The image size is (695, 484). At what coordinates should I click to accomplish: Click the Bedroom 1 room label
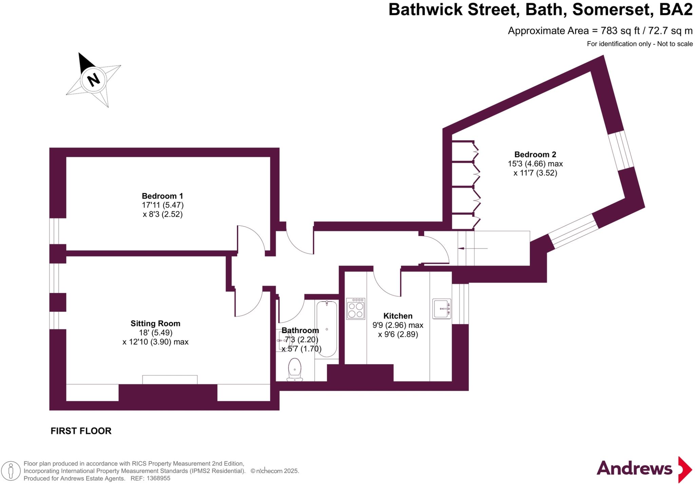tap(162, 196)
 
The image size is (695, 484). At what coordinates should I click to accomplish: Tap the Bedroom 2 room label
tap(535, 155)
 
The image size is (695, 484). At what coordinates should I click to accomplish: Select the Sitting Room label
tap(155, 324)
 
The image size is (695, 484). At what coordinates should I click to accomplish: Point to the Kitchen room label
tap(398, 316)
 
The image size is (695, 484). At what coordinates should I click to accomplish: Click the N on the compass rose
tap(93, 80)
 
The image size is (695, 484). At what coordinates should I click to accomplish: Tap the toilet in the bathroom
tap(295, 369)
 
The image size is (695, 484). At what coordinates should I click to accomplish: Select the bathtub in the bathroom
tap(327, 329)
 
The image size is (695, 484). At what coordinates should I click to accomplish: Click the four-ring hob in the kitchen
tap(355, 309)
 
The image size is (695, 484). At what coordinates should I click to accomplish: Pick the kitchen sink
tap(442, 309)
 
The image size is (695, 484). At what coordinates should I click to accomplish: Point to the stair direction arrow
tap(472, 249)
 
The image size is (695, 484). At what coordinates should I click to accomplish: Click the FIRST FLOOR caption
tap(81, 431)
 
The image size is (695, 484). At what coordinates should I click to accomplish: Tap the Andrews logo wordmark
tap(634, 469)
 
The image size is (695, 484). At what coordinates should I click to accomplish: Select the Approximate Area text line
tap(600, 31)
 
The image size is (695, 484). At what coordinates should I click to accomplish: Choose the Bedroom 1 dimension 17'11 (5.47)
tap(163, 205)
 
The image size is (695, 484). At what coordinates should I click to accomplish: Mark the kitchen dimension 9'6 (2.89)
tap(398, 334)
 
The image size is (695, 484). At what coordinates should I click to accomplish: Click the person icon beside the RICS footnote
tap(11, 471)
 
